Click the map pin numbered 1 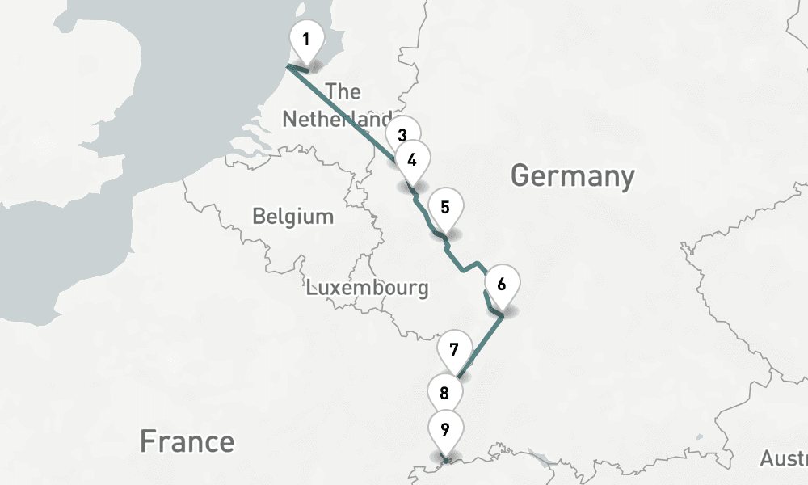click(x=306, y=40)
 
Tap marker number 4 click(x=412, y=160)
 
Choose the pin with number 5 click(x=445, y=208)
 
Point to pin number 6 click(x=502, y=285)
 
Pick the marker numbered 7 click(x=454, y=350)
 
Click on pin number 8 click(x=444, y=394)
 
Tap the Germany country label click(x=573, y=175)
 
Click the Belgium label click(x=292, y=217)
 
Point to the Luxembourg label click(x=367, y=288)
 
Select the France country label click(x=187, y=441)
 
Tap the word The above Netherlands click(x=343, y=91)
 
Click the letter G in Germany click(x=522, y=175)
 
